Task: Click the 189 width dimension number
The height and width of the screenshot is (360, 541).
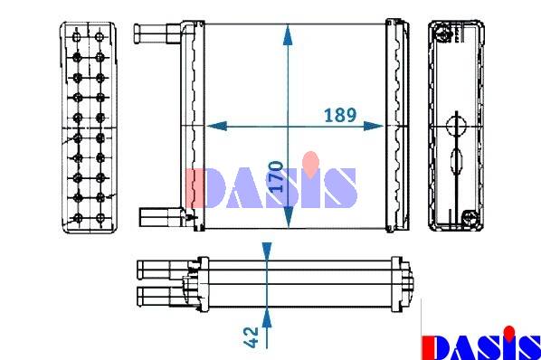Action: click(x=340, y=115)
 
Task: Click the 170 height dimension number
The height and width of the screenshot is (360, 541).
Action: click(x=276, y=176)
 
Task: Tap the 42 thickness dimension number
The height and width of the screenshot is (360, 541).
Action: click(x=251, y=336)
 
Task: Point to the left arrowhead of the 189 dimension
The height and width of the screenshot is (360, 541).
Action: click(x=217, y=127)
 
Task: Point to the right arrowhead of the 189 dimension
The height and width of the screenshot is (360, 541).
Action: click(x=374, y=127)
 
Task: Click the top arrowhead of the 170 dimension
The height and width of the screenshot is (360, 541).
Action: click(x=288, y=35)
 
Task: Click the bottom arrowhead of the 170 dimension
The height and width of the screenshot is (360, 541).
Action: click(x=288, y=217)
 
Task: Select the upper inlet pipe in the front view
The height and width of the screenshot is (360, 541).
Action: click(x=157, y=33)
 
